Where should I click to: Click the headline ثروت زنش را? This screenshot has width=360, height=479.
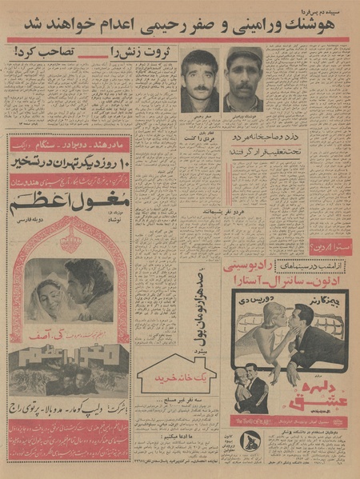tap(113, 54)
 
